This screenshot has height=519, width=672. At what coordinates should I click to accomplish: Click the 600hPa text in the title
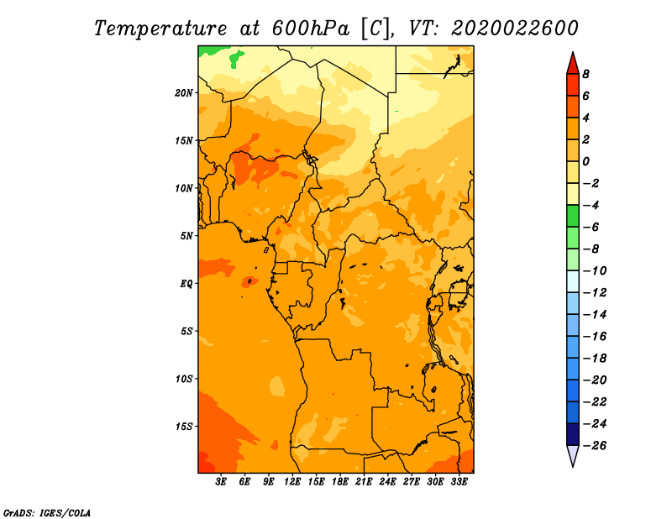[311, 29]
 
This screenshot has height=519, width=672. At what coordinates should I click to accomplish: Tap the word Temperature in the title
[160, 29]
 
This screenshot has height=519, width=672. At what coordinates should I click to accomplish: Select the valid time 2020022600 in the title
[515, 29]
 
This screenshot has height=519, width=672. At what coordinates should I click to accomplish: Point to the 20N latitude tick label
[184, 93]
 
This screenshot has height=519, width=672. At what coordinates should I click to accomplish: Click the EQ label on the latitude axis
[186, 284]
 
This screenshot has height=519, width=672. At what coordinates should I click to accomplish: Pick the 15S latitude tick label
[184, 427]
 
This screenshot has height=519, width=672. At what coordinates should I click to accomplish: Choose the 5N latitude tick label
[186, 236]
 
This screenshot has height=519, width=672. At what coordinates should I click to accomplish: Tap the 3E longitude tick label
[221, 482]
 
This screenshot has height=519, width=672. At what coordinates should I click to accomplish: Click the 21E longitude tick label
[364, 482]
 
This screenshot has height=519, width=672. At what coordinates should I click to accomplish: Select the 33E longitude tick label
[459, 482]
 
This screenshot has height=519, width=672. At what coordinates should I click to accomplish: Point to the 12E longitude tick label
[292, 482]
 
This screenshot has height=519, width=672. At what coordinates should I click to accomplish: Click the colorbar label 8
[585, 74]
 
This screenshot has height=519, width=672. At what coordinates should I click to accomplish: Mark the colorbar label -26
[595, 446]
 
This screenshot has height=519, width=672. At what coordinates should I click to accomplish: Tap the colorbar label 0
[585, 161]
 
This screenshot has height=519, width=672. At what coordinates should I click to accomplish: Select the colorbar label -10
[595, 271]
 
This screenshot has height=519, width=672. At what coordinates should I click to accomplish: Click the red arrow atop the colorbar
[573, 64]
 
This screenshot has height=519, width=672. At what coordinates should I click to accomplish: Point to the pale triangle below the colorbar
[573, 456]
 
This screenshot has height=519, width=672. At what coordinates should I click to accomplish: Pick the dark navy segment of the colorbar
[573, 434]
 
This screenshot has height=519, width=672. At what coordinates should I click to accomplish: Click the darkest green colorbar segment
[573, 216]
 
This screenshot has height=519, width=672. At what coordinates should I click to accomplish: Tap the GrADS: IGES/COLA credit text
[47, 513]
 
